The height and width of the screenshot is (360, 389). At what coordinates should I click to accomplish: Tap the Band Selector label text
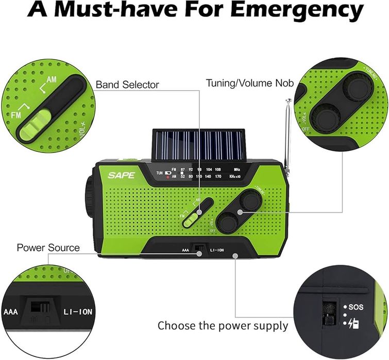click(127, 84)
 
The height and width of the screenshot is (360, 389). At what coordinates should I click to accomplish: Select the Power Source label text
click(48, 248)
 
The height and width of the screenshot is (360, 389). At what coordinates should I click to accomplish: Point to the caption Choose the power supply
click(223, 326)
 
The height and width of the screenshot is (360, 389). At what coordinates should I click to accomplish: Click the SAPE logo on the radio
click(121, 175)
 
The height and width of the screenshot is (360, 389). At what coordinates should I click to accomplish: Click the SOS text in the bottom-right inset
click(356, 307)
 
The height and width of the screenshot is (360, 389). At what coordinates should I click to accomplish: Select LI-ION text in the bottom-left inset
click(77, 312)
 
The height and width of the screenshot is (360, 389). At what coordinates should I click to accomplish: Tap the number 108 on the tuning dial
click(217, 169)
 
